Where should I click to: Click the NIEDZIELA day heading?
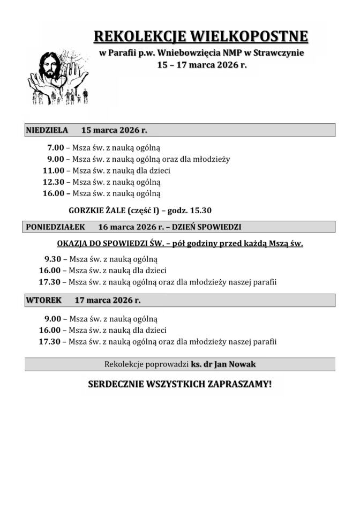tap(47, 130)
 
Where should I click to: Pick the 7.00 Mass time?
tap(55, 147)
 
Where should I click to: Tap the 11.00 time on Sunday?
tap(54, 170)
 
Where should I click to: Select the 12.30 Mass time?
tap(54, 182)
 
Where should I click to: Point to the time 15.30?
tap(206, 210)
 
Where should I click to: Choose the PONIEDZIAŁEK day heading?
tap(56, 227)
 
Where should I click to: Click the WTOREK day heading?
tap(43, 300)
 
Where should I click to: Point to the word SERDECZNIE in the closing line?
tap(112, 384)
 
